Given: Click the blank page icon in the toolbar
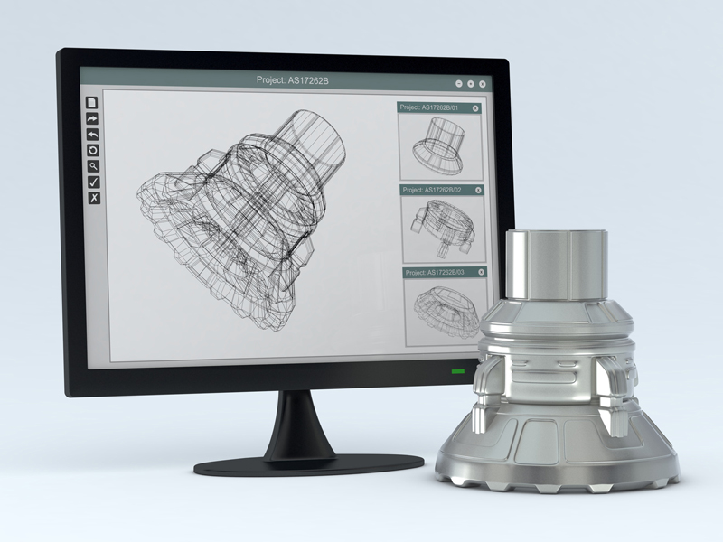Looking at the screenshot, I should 91,103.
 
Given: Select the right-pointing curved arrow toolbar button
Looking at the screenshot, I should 91,118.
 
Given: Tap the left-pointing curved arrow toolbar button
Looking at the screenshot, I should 91,135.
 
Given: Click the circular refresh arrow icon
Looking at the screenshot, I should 92,150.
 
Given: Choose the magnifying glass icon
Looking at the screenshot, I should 92,166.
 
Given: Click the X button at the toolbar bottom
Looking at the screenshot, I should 93,198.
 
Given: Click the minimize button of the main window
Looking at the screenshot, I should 459,83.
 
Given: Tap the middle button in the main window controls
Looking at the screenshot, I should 471,83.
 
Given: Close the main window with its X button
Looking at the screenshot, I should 483,83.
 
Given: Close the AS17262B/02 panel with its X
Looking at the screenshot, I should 478,190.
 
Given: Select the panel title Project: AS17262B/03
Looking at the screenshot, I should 435,272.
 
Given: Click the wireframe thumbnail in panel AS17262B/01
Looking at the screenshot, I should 441,145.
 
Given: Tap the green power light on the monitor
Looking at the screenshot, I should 457,371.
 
